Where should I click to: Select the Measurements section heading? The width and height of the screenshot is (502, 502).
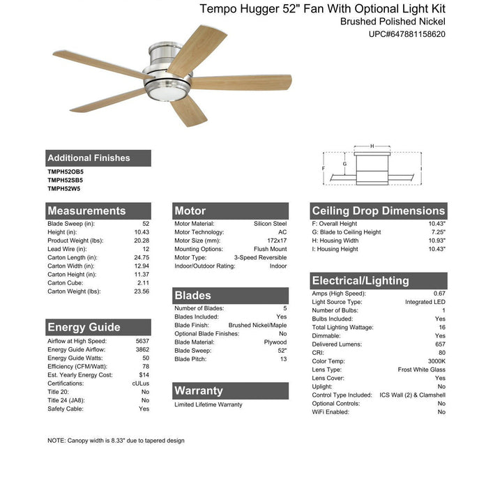pyautogui.click(x=87, y=211)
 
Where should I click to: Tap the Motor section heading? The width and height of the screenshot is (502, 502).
pyautogui.click(x=190, y=211)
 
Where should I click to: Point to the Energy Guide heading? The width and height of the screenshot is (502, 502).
pyautogui.click(x=84, y=327)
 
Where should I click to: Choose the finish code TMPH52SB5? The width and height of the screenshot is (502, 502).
pyautogui.click(x=66, y=180)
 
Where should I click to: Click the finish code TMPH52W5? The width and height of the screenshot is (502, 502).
pyautogui.click(x=64, y=188)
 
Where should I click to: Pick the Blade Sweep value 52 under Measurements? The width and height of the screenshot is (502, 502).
pyautogui.click(x=146, y=224)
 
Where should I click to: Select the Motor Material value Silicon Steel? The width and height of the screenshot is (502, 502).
pyautogui.click(x=270, y=224)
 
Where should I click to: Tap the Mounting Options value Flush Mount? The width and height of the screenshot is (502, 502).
pyautogui.click(x=270, y=249)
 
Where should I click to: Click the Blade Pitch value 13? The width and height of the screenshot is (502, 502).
pyautogui.click(x=283, y=359)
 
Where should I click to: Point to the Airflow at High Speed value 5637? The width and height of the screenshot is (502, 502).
pyautogui.click(x=142, y=341)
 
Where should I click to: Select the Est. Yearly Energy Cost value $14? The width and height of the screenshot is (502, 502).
pyautogui.click(x=144, y=374)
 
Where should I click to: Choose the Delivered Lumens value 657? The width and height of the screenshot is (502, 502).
pyautogui.click(x=439, y=344)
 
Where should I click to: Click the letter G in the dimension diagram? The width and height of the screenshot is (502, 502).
pyautogui.click(x=344, y=165)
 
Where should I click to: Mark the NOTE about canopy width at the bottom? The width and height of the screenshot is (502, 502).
pyautogui.click(x=116, y=441)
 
